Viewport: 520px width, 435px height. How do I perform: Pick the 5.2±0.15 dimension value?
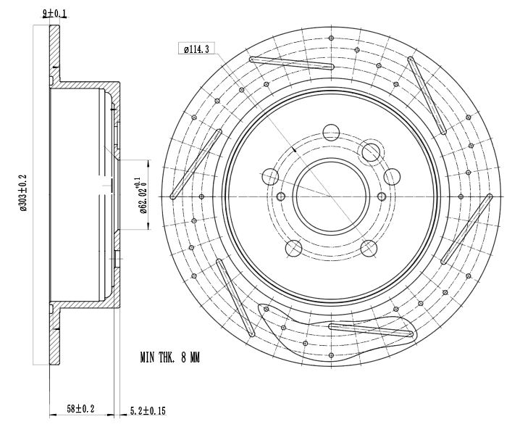tap(149, 410)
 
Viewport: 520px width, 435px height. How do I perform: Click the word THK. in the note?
tap(177, 357)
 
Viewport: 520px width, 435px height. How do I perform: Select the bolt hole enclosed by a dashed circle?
tap(371, 152)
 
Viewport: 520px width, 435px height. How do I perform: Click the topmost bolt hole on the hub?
tap(330, 132)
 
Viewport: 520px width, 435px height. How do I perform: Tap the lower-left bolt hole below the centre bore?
tap(293, 249)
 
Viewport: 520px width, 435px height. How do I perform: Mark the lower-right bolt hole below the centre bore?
tap(368, 248)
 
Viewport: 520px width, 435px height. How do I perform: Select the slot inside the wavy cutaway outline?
tap(370, 330)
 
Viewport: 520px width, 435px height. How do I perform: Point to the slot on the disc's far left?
tap(196, 164)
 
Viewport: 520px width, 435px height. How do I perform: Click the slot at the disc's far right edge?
tap(466, 229)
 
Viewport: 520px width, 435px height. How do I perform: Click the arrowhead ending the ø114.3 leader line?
tap(294, 150)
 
